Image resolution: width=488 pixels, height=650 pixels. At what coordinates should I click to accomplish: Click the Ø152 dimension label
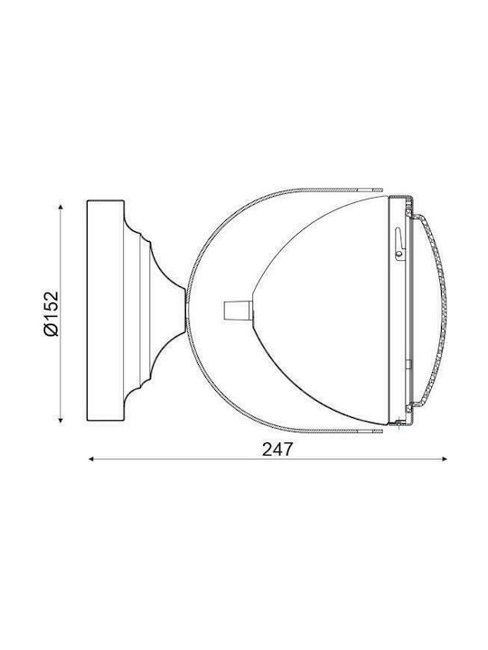point(52,313)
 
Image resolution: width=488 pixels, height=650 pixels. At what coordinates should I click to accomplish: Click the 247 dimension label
point(277,450)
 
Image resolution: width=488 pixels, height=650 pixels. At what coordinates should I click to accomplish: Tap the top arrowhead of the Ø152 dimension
point(61,207)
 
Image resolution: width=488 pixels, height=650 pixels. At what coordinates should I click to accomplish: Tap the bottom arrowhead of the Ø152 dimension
point(61,420)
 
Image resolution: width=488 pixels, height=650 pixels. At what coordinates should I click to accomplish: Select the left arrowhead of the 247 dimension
point(92,459)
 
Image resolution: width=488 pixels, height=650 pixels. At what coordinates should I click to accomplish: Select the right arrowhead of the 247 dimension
point(444,459)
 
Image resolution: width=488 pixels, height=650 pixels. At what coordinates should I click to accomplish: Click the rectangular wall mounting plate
point(106,311)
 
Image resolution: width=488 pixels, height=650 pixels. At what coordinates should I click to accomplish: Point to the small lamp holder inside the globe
point(238,311)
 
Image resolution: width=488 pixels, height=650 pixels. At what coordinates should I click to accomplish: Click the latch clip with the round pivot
point(399,245)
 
